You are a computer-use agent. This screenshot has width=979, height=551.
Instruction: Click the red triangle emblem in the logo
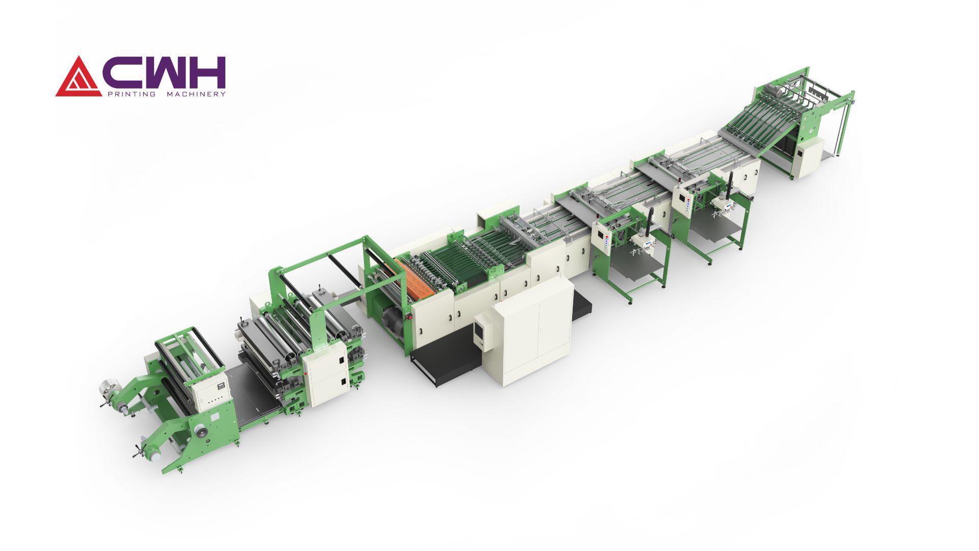tap(78, 78)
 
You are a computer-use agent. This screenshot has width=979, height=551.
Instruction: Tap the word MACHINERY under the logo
tap(196, 94)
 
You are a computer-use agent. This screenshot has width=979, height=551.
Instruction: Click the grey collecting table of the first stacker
tap(632, 265)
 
